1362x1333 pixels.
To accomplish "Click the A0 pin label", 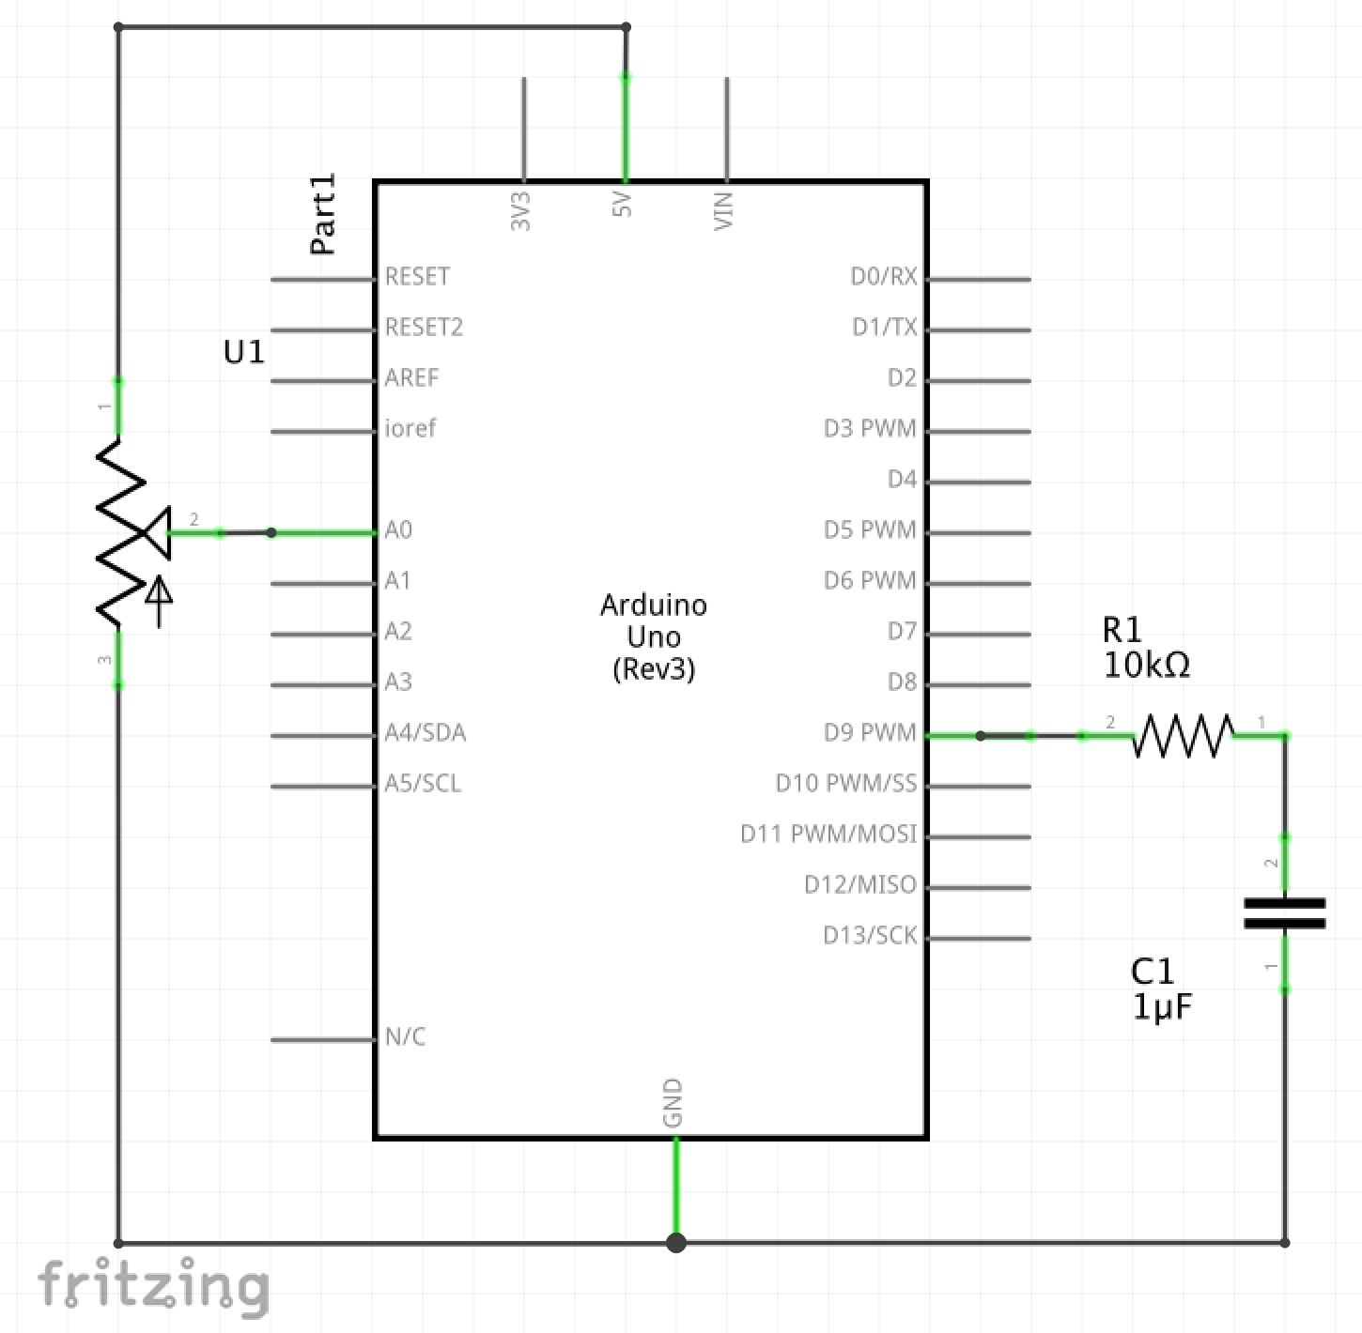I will (x=398, y=530).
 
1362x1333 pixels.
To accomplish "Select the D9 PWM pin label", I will (x=869, y=733).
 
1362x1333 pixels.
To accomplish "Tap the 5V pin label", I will (x=623, y=205).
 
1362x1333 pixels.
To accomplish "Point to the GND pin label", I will (x=673, y=1103).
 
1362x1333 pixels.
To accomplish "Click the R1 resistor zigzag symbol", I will (x=1184, y=735).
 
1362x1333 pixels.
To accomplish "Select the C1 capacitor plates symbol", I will (x=1284, y=913).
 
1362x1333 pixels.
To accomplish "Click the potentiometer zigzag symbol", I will (x=120, y=532).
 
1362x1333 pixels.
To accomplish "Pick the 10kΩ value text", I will (x=1147, y=666).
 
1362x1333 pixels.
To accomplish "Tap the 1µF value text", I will (x=1162, y=1007).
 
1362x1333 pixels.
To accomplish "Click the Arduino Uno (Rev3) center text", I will (x=654, y=636).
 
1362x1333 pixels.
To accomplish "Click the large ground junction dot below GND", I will (x=675, y=1243).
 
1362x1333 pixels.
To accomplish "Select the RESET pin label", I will (x=417, y=277).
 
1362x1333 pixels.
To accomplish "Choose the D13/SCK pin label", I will (x=869, y=936).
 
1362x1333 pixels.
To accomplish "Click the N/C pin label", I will (x=405, y=1037).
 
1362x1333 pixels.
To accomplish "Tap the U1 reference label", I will (x=244, y=352).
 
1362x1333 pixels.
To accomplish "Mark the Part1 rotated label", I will (x=323, y=215).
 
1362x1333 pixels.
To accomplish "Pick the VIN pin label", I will (x=724, y=209).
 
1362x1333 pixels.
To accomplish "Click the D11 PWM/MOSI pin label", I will (x=828, y=835).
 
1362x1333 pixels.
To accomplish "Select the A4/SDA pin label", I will (x=425, y=733).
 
